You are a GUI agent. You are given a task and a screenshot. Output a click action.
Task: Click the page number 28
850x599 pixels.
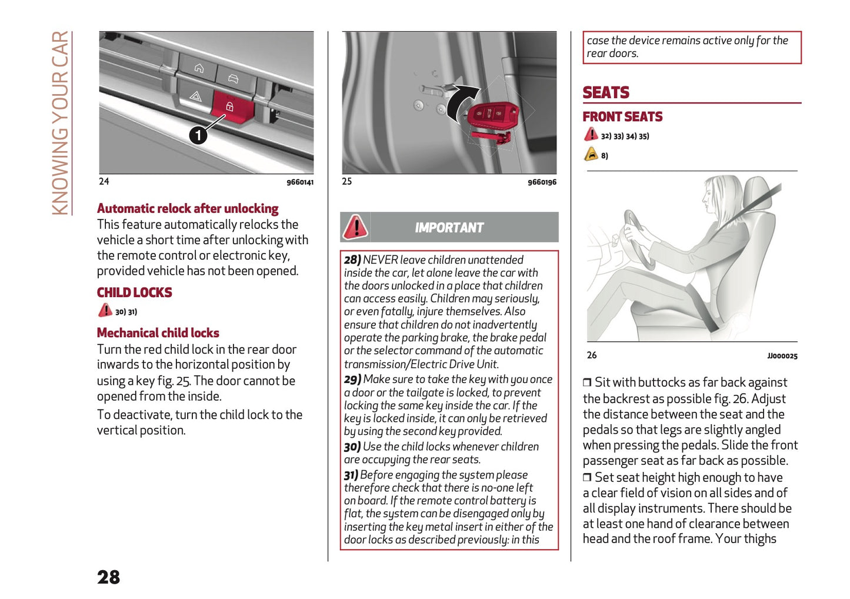click(108, 577)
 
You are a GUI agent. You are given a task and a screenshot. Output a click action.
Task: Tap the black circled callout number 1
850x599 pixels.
click(198, 135)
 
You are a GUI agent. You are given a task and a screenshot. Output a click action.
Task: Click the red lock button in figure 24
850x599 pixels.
click(231, 107)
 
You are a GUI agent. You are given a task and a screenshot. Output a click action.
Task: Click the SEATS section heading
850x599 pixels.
click(605, 93)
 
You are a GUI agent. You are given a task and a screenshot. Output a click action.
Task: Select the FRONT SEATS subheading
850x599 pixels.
click(622, 117)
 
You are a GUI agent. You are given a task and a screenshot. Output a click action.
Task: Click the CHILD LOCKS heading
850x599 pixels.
click(134, 292)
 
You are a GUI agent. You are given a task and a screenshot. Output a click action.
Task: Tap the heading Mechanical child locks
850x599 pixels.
click(158, 333)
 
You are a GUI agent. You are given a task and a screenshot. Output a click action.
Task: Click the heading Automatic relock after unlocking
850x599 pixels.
click(188, 208)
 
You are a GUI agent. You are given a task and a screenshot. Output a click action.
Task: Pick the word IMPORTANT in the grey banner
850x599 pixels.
click(449, 228)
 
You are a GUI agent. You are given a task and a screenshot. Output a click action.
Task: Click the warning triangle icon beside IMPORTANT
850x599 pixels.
click(355, 227)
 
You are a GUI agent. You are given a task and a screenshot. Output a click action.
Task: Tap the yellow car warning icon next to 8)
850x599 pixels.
click(591, 155)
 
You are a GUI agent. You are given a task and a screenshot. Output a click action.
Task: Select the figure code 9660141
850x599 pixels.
click(300, 182)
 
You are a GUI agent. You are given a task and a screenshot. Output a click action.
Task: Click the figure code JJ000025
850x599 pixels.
click(782, 356)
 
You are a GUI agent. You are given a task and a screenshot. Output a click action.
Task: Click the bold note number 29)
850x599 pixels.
click(352, 380)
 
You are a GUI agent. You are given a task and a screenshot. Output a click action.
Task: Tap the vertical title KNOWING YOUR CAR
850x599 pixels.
click(60, 123)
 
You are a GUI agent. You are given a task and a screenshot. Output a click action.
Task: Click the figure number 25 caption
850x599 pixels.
click(347, 181)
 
